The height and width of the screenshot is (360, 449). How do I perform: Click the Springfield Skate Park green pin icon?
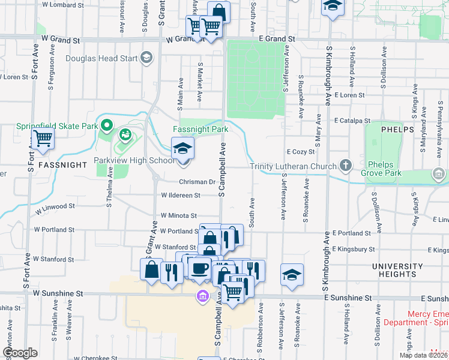point(107,125)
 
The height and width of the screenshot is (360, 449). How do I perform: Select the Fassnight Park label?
point(200,129)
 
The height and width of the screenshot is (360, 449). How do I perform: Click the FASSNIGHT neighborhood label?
point(58,164)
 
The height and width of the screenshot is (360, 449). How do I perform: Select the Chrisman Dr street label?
point(196,182)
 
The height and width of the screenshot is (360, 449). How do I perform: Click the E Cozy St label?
point(301,152)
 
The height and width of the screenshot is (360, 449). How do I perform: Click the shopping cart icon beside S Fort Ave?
point(43,139)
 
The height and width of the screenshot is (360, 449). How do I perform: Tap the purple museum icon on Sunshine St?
point(202,296)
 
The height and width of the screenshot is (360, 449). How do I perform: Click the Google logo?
point(20,353)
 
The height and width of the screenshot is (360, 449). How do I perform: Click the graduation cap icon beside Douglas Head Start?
point(146,58)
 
